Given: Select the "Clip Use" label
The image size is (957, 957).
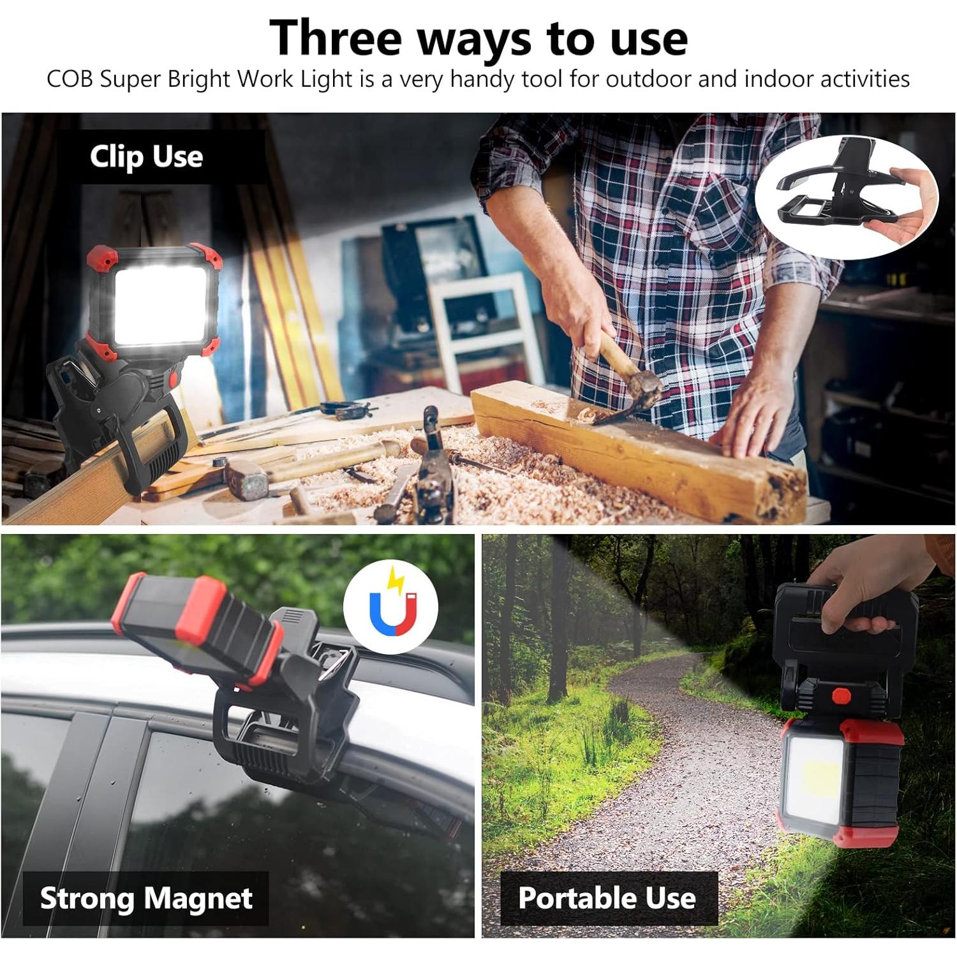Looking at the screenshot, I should [x=146, y=157].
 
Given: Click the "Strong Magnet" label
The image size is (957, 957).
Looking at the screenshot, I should [x=146, y=898].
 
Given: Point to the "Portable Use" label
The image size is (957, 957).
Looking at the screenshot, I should [x=607, y=898].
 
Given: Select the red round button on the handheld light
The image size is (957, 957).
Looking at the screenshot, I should [x=840, y=695].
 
